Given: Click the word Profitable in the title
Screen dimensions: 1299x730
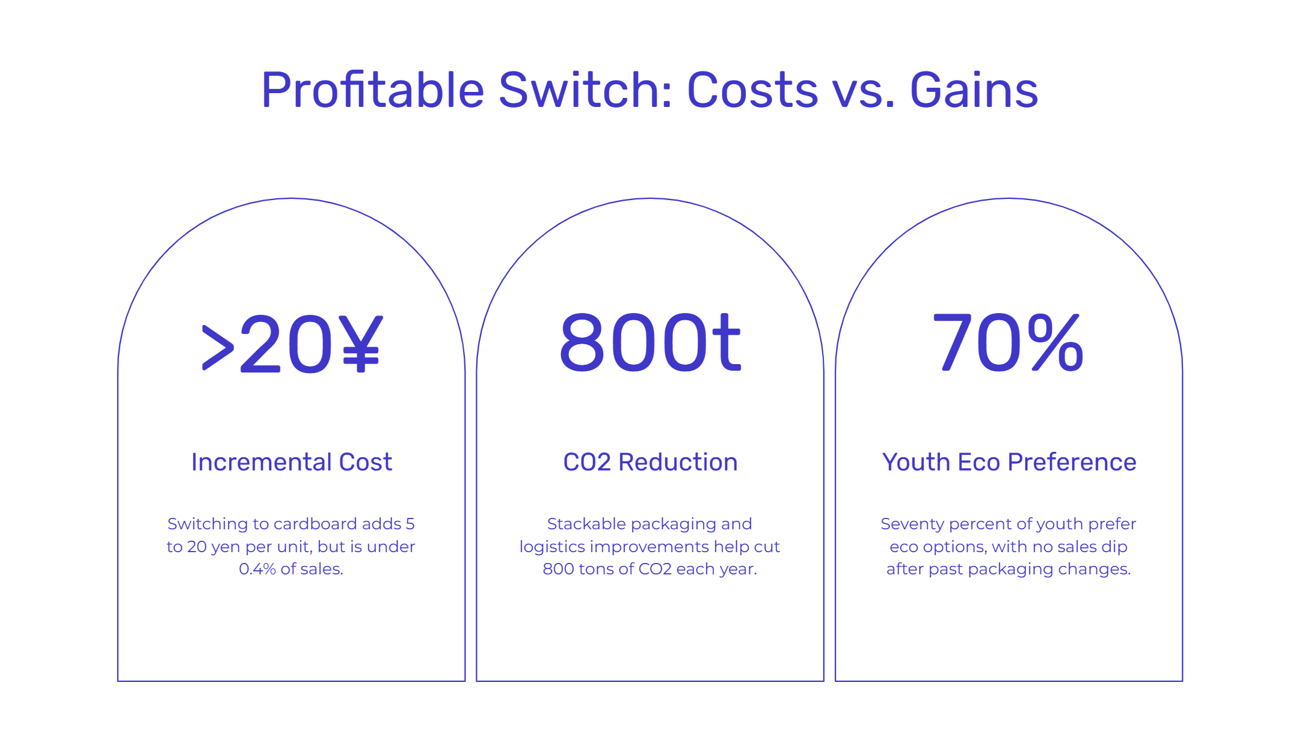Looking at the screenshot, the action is click(x=373, y=90).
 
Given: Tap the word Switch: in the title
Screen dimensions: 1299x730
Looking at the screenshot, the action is click(x=585, y=90).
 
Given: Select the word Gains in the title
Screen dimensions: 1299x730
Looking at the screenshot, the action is click(x=974, y=90).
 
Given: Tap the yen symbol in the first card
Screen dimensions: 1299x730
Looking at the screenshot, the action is click(x=360, y=344).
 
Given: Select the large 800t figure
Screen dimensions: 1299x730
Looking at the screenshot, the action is click(x=650, y=342).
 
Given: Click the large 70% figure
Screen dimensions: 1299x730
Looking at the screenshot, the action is click(x=1009, y=342).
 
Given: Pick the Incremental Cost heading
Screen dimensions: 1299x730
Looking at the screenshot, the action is click(x=292, y=462).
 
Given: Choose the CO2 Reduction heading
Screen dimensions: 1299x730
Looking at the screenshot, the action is click(x=650, y=462).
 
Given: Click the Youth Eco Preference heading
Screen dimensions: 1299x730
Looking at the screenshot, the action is click(x=1009, y=462).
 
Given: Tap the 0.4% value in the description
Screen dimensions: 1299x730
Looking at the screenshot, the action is click(x=257, y=569).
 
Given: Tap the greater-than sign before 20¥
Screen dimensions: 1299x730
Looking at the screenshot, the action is click(x=218, y=348).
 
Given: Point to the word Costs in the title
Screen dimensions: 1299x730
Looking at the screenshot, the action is click(x=752, y=90).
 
